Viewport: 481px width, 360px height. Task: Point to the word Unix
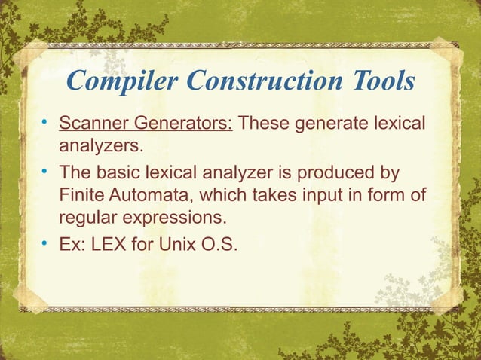tap(176, 244)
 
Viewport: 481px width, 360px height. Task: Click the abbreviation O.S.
tap(216, 244)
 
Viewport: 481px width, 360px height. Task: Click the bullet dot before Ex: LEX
tap(45, 244)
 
